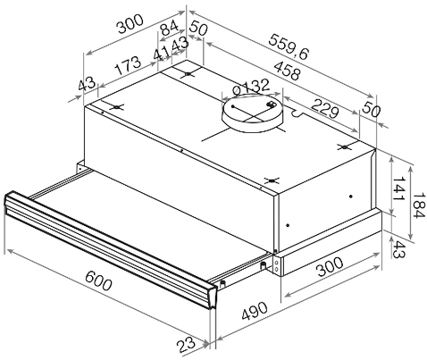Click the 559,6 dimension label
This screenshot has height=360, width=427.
(288, 46)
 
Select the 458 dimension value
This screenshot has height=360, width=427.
(287, 71)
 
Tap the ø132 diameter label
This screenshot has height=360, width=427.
(251, 87)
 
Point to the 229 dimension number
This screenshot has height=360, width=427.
(325, 108)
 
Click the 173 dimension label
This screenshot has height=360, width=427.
(128, 65)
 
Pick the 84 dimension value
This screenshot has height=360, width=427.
(169, 28)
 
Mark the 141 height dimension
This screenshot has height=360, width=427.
(398, 189)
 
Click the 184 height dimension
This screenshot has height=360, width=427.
(419, 205)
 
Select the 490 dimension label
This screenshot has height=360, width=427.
(255, 311)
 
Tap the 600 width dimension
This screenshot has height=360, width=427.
(98, 280)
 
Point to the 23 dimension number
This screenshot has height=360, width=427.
(186, 345)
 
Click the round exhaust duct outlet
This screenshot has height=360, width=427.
(253, 113)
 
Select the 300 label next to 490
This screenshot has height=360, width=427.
(330, 266)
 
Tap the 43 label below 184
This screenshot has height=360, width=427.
(399, 249)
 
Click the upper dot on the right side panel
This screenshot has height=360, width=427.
(351, 196)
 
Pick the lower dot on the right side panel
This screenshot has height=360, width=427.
(288, 225)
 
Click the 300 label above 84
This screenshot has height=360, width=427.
(130, 24)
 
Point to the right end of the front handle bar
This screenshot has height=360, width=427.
(213, 297)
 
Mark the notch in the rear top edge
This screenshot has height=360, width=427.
(297, 113)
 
